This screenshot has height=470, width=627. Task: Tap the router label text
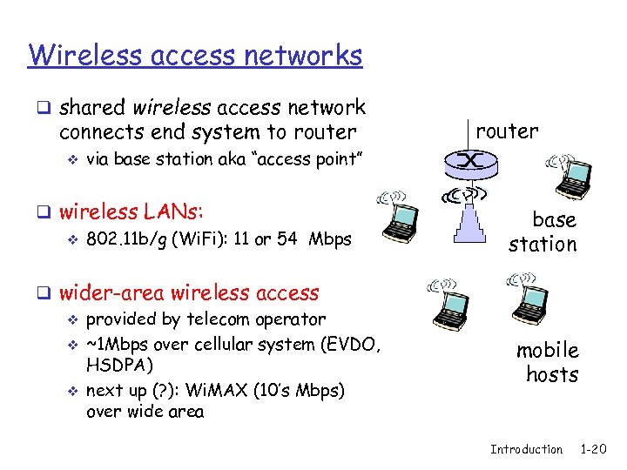click(506, 131)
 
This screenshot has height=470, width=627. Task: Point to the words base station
click(543, 232)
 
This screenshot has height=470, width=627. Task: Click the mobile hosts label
click(547, 362)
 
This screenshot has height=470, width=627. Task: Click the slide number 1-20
click(593, 449)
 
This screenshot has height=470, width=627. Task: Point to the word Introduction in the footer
click(526, 449)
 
